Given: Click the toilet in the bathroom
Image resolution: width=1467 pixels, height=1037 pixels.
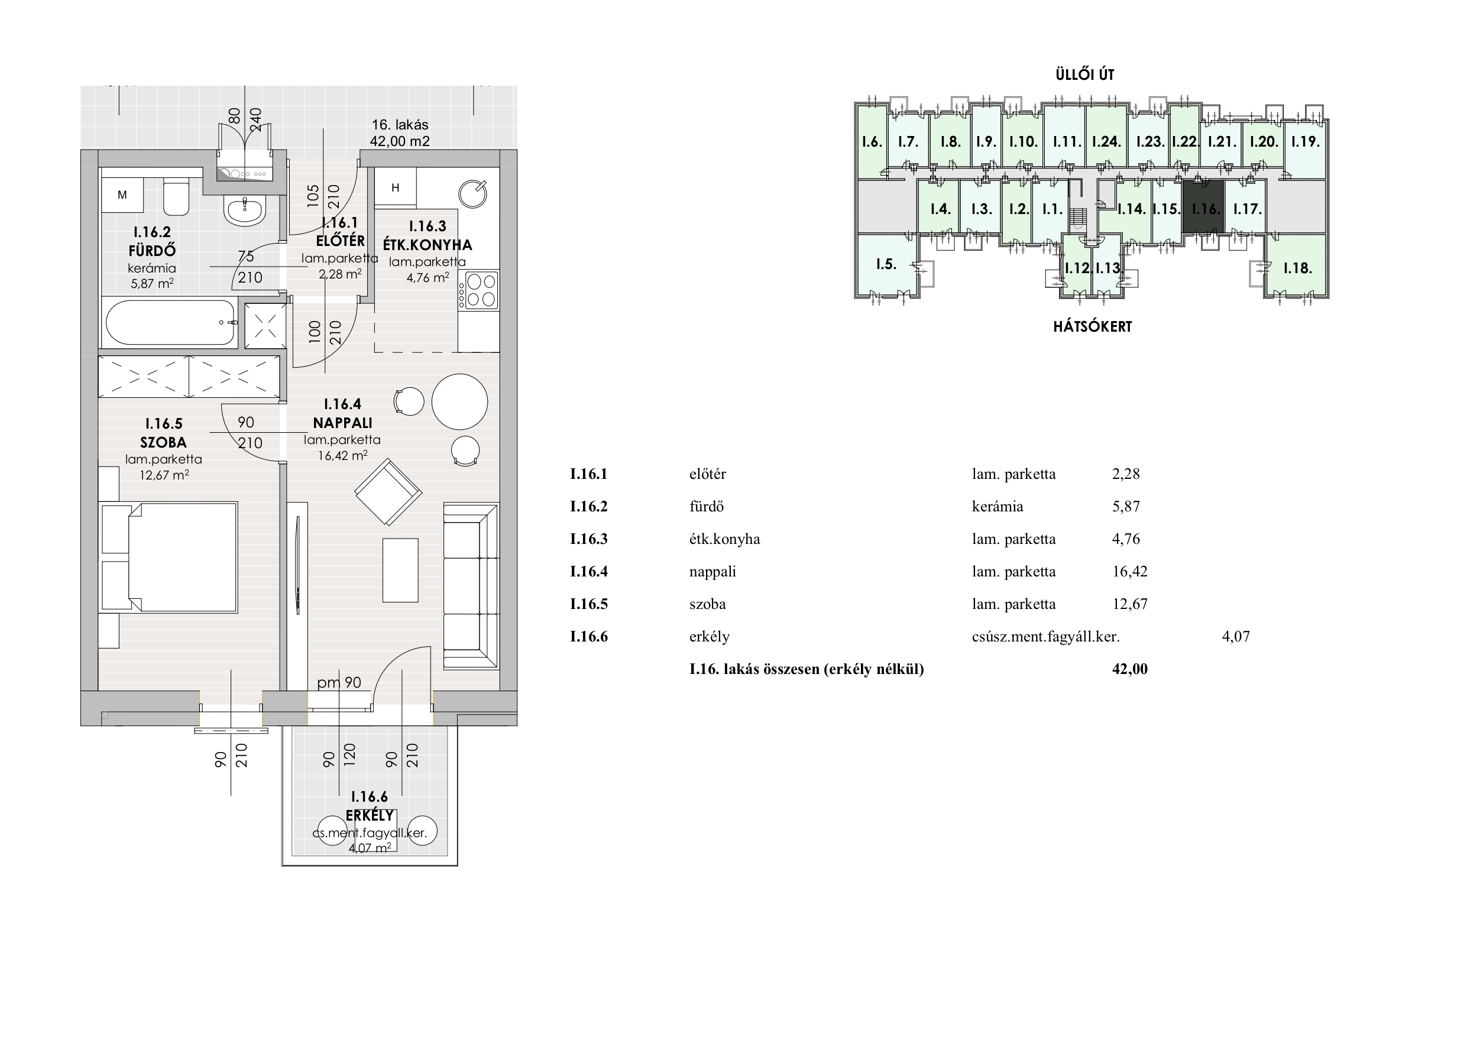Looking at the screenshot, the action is [x=176, y=199].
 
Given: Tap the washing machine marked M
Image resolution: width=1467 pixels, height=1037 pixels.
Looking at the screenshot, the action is [x=122, y=195].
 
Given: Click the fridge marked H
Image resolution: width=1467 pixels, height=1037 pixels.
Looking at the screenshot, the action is [x=396, y=187].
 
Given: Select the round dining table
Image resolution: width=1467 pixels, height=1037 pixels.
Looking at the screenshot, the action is [x=459, y=402].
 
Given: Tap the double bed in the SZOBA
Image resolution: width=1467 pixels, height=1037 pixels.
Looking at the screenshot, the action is [x=169, y=557].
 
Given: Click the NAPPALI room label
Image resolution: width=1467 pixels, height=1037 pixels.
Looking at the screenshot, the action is [x=342, y=422].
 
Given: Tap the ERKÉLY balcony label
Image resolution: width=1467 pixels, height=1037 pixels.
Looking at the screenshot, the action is [x=370, y=815].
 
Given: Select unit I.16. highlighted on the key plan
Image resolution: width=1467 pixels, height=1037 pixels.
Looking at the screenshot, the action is [x=1203, y=207].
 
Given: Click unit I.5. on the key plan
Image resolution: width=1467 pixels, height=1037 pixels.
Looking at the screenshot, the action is [x=886, y=264].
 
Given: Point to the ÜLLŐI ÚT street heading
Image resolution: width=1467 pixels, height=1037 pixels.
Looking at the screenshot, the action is [x=1085, y=74].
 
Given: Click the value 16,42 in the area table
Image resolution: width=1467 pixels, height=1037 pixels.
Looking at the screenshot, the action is [x=1129, y=571].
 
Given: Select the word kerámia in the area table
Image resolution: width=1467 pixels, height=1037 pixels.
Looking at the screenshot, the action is [x=998, y=507].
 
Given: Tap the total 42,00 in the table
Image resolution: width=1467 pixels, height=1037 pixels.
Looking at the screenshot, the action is [x=1129, y=669].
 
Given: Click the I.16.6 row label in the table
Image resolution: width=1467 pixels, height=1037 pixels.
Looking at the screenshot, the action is [x=588, y=636].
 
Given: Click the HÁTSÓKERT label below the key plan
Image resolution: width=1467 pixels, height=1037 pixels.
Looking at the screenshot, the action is [x=1092, y=326].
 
